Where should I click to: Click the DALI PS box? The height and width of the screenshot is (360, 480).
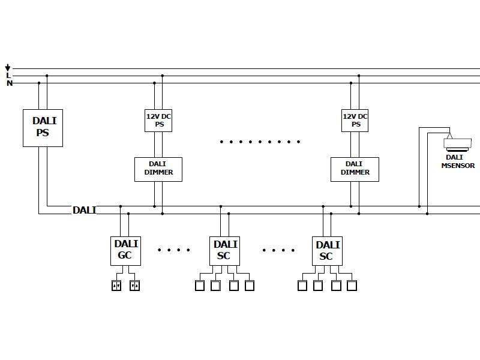tap(43, 127)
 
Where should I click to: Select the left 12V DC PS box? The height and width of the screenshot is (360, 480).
tap(159, 121)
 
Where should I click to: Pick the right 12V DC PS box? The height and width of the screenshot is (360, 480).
tap(356, 121)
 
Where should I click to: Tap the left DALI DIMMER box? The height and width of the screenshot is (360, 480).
tap(158, 169)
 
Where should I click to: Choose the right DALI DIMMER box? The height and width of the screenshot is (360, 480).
tap(355, 169)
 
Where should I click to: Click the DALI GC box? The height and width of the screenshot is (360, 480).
tap(126, 251)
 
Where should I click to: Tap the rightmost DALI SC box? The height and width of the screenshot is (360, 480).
tap(327, 251)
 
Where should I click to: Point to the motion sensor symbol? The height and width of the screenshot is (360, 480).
tap(458, 144)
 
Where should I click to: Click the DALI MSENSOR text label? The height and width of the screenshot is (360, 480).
tap(458, 161)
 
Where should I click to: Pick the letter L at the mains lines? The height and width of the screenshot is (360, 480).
tap(8, 76)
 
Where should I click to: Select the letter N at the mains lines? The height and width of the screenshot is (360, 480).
tap(9, 83)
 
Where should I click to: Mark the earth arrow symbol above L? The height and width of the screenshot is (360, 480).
tap(8, 68)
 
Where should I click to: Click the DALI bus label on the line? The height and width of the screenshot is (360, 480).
tap(84, 210)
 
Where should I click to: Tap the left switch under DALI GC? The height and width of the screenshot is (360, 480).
tap(116, 286)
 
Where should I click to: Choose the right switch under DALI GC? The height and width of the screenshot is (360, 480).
tap(134, 286)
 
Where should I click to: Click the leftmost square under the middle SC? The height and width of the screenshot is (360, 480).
tap(200, 286)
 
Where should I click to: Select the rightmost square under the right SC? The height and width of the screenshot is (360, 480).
tap(352, 286)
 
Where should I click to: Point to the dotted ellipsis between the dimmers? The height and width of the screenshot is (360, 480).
tap(259, 142)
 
